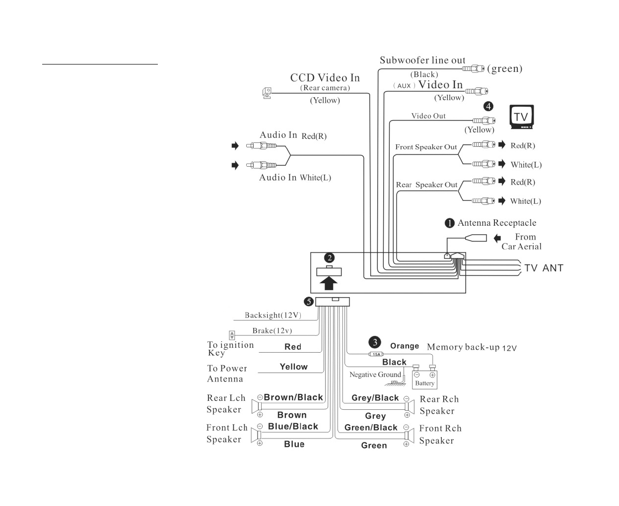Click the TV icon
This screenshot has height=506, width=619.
coord(522,117)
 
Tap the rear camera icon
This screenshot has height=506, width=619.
coord(267,93)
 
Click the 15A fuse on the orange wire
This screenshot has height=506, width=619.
coord(376,354)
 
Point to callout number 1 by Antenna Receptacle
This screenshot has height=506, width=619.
coord(449,223)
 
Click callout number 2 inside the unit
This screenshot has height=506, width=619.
coord(329,258)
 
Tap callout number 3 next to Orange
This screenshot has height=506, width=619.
coord(375,342)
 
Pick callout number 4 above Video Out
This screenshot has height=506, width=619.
coord(488,106)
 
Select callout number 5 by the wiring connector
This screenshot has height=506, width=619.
coord(308,302)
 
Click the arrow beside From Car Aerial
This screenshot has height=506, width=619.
coord(497,239)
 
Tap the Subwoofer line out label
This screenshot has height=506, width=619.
coord(422,61)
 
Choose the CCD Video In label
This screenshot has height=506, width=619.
coord(325,78)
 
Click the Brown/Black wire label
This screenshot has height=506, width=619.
coord(293,397)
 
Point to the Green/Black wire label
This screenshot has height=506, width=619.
coord(371,428)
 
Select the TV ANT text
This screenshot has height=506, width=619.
coord(544,268)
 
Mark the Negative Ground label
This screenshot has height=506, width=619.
coord(375,375)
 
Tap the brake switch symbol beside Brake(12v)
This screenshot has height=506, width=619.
coord(231,335)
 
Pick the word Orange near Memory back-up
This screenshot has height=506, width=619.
coord(405,346)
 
